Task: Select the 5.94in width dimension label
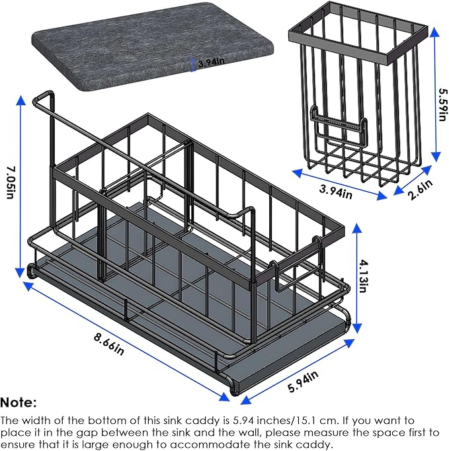click(x=303, y=382)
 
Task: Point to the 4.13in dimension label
click(x=363, y=276)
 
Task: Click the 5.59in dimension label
click(x=443, y=104)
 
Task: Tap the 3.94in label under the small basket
click(x=336, y=191)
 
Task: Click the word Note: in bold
click(x=19, y=403)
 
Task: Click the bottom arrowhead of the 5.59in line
click(x=436, y=157)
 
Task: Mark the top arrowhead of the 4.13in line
click(x=357, y=228)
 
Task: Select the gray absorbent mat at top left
click(x=153, y=46)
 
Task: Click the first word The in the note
click(x=9, y=421)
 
